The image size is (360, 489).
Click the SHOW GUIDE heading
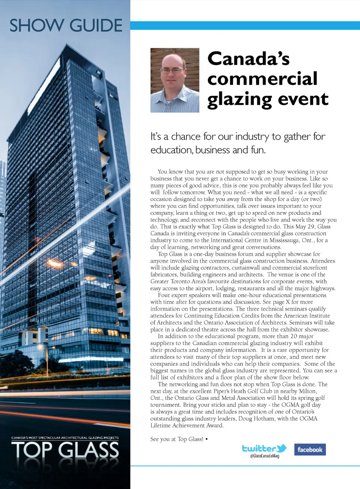(x=66, y=25)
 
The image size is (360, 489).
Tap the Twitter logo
(x=264, y=448)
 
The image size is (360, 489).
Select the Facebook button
(x=310, y=450)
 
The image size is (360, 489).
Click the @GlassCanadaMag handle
(x=264, y=456)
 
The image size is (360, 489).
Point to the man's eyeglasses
(x=172, y=70)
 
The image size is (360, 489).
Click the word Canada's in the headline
(x=248, y=58)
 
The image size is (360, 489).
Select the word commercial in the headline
(x=262, y=79)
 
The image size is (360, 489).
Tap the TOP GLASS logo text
(x=65, y=450)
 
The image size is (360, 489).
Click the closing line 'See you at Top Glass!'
(x=177, y=439)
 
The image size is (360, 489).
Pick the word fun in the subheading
(x=258, y=150)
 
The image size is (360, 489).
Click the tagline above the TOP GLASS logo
(x=65, y=438)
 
